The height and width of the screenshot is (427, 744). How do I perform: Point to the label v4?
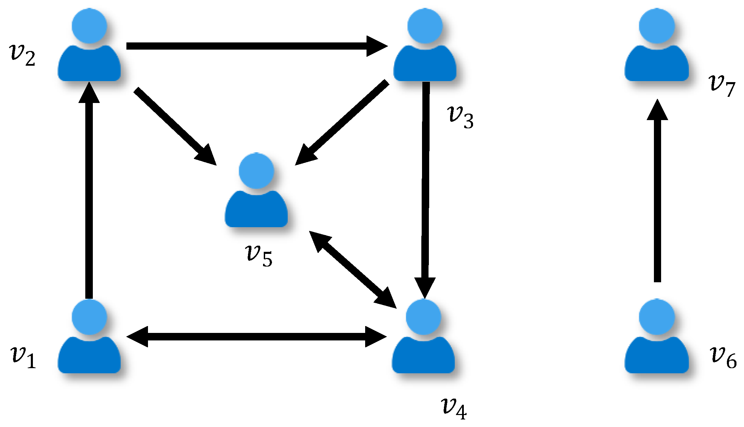coord(454,408)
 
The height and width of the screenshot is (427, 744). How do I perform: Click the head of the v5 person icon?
coord(256,170)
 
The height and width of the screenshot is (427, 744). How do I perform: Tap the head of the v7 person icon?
coord(657,26)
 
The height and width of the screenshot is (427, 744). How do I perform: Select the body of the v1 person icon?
coord(89,356)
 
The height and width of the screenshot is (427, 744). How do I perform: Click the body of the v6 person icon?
coord(657,356)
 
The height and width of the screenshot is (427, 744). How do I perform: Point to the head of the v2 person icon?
coord(89,26)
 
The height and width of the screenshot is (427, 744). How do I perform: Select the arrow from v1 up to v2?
coord(89,192)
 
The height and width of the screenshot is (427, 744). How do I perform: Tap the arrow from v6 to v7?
coord(657,192)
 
